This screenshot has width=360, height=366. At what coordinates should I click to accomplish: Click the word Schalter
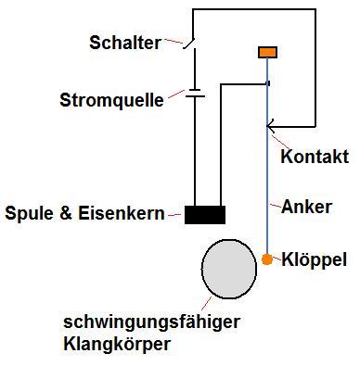click(x=124, y=43)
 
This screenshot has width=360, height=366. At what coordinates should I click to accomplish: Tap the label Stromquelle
click(x=110, y=98)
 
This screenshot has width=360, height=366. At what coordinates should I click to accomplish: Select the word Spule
click(x=29, y=214)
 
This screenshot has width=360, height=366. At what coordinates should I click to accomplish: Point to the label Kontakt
click(x=314, y=158)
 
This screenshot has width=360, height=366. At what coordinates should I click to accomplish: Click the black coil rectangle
click(x=204, y=215)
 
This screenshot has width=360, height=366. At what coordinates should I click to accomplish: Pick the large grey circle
click(x=229, y=269)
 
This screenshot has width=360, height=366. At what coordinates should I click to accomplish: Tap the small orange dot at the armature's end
click(x=267, y=259)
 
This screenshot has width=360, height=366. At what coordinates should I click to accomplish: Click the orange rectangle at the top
click(x=267, y=52)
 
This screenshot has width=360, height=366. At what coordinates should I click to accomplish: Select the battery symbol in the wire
click(x=194, y=93)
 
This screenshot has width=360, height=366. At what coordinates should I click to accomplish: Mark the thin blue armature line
click(x=267, y=167)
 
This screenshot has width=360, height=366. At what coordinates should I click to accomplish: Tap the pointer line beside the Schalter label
click(x=172, y=43)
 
